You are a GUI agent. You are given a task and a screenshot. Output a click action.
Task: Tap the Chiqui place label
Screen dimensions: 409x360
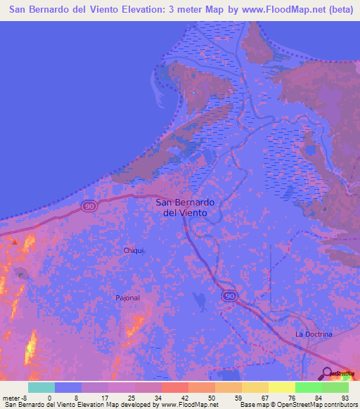tap(134, 250)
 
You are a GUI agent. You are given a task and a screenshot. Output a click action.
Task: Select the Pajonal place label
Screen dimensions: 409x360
tap(128, 298)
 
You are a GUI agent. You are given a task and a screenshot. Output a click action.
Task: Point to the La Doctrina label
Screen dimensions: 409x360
tap(314, 335)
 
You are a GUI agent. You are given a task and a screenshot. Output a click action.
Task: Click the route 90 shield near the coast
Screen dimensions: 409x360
tap(89, 205)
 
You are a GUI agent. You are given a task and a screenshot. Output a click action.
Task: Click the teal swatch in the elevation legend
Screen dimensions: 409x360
tap(41, 387)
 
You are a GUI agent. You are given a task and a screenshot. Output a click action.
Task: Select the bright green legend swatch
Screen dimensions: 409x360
tap(309, 387)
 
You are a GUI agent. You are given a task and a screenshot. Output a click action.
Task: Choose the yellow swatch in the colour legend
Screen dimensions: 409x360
tap(282, 387)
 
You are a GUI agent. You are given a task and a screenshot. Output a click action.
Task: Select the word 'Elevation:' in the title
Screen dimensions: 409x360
tap(144, 11)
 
